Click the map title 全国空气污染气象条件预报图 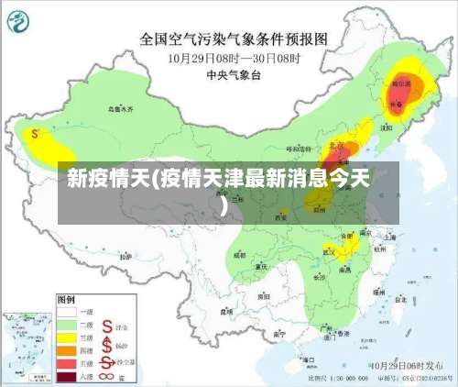[233, 39]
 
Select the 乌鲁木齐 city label [120, 109]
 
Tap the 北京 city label [336, 147]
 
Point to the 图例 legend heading [66, 299]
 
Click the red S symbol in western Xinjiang [35, 134]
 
